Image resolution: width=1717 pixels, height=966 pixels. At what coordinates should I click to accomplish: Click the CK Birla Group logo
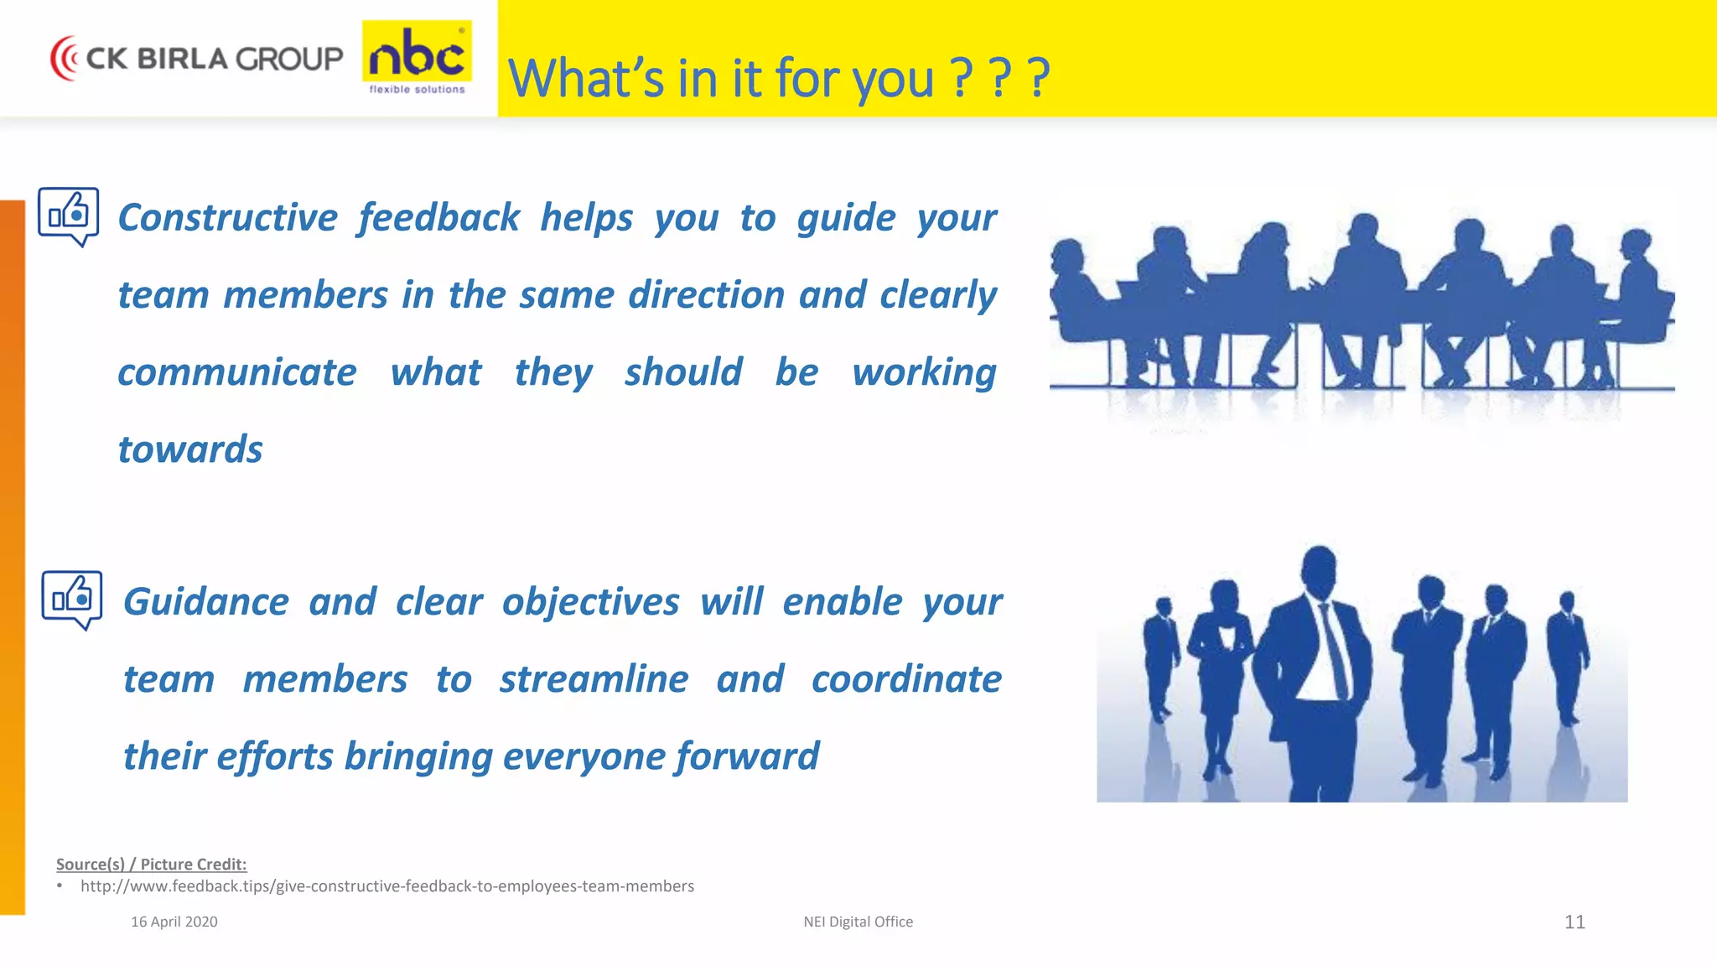pos(197,58)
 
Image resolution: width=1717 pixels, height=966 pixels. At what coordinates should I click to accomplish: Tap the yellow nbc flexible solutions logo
pos(417,57)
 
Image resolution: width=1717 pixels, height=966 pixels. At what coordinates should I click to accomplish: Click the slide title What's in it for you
pos(778,78)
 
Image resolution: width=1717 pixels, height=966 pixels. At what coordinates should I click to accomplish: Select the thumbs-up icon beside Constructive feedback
pos(69,216)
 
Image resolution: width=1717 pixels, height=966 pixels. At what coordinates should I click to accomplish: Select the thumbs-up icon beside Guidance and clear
pos(72,599)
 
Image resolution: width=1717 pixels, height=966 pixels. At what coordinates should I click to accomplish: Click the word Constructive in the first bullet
pos(227,217)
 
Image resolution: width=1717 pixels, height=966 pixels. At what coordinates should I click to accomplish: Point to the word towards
pos(190,449)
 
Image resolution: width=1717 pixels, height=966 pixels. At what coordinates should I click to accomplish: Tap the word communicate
pos(237,372)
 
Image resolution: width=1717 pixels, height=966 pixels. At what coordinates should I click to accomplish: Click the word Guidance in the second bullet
pos(206,602)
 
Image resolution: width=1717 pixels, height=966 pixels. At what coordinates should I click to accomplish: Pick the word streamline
pos(594,679)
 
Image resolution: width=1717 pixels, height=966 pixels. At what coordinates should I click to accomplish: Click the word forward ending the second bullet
pos(747,756)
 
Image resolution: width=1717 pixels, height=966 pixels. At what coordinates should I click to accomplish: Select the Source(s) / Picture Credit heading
pos(151,864)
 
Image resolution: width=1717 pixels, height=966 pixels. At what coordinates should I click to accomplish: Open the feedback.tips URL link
pos(387,886)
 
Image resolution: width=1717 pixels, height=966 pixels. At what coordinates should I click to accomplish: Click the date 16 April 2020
pos(174,922)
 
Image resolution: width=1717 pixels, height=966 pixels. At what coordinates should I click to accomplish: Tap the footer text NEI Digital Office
pos(858,922)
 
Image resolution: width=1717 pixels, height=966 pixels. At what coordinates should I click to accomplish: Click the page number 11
pos(1574,922)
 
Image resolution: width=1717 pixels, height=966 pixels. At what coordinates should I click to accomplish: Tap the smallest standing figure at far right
pos(1567,654)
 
